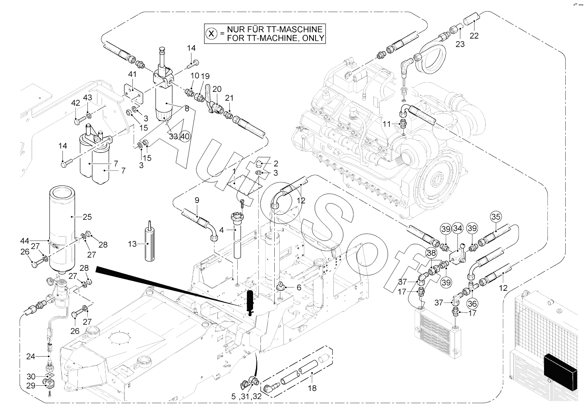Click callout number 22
tap(474, 36)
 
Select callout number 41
tap(132, 74)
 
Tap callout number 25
tap(87, 217)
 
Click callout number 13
tap(132, 244)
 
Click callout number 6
tap(298, 287)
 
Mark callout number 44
tap(24, 241)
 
